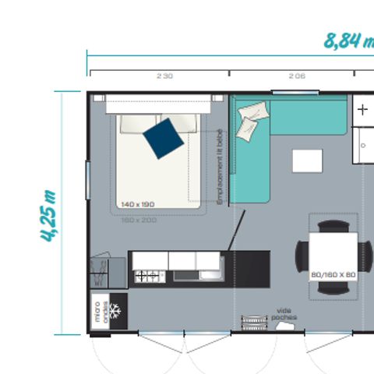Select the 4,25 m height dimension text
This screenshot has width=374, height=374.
pos(49,215)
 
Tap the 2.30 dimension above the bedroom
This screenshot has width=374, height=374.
pos(164,76)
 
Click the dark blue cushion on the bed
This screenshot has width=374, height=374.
pos(164,138)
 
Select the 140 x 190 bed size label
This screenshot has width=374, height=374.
pos(138,204)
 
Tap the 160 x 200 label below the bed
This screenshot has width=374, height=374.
pos(138,220)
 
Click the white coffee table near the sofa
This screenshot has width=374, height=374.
pos(307,161)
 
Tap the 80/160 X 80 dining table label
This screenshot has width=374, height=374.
pos(333,274)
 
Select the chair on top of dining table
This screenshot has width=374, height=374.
pos(333,226)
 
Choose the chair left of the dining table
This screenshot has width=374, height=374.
pos(302,253)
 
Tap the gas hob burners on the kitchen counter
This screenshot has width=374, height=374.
pos(146,275)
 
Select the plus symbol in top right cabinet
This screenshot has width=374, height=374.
pos(362,110)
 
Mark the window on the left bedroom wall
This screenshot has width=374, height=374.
pos(88,178)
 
